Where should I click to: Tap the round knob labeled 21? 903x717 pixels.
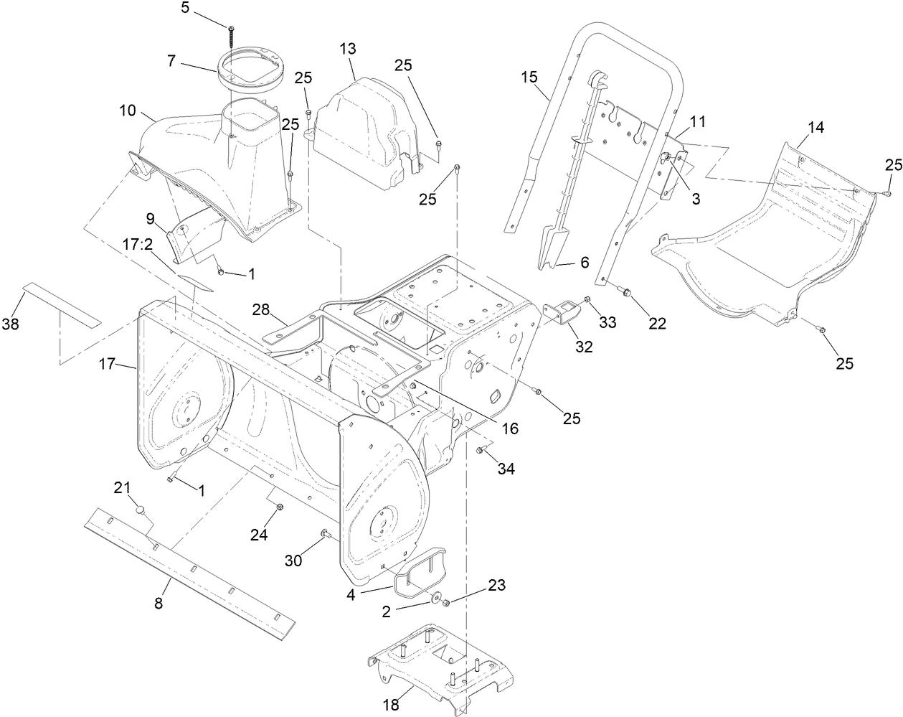pyautogui.click(x=141, y=510)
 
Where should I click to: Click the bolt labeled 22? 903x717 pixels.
pyautogui.click(x=626, y=292)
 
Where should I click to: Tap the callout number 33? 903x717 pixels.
pyautogui.click(x=607, y=323)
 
